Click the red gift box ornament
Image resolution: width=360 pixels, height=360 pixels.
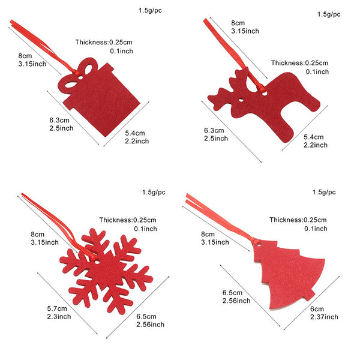pyautogui.click(x=101, y=99)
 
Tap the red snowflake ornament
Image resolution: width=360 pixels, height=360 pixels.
pyautogui.click(x=106, y=271)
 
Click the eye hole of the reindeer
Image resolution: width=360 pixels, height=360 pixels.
pyautogui.click(x=241, y=100)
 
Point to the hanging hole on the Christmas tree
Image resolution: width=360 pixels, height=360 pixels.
pyautogui.click(x=258, y=243)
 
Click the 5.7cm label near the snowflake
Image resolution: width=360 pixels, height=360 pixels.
pyautogui.click(x=57, y=308)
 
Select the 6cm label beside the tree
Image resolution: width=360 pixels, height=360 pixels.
pyautogui.click(x=317, y=309)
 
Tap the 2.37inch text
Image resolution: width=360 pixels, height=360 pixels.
pyautogui.click(x=324, y=317)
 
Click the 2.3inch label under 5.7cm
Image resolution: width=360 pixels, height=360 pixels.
pyautogui.click(x=59, y=316)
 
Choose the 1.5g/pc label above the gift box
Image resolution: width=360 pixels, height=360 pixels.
pyautogui.click(x=150, y=11)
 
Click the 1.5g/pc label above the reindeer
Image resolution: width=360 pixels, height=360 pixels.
pyautogui.click(x=329, y=14)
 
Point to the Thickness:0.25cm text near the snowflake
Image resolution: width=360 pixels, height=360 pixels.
pyautogui.click(x=128, y=220)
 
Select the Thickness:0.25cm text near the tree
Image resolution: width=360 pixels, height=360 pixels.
pyautogui.click(x=298, y=220)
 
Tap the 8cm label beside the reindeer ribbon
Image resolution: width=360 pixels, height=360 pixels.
pyautogui.click(x=238, y=23)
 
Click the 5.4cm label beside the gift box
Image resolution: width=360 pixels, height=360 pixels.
pyautogui.click(x=135, y=133)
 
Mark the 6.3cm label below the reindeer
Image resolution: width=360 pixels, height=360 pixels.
pyautogui.click(x=214, y=130)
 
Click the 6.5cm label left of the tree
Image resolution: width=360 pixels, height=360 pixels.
pyautogui.click(x=232, y=293)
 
